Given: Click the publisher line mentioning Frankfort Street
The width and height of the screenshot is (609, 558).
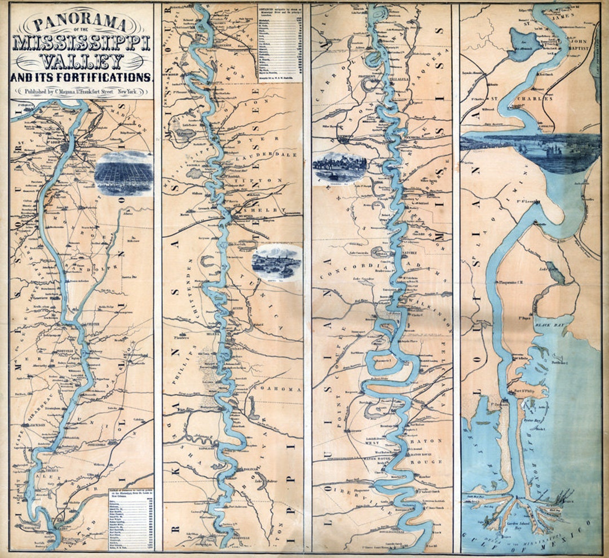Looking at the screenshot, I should (x=81, y=91).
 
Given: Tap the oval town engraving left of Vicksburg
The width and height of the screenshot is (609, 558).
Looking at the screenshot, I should (x=339, y=167).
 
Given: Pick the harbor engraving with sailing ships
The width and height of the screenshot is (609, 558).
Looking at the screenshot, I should (x=530, y=151).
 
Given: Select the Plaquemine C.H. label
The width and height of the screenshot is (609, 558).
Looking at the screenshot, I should (x=512, y=282).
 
